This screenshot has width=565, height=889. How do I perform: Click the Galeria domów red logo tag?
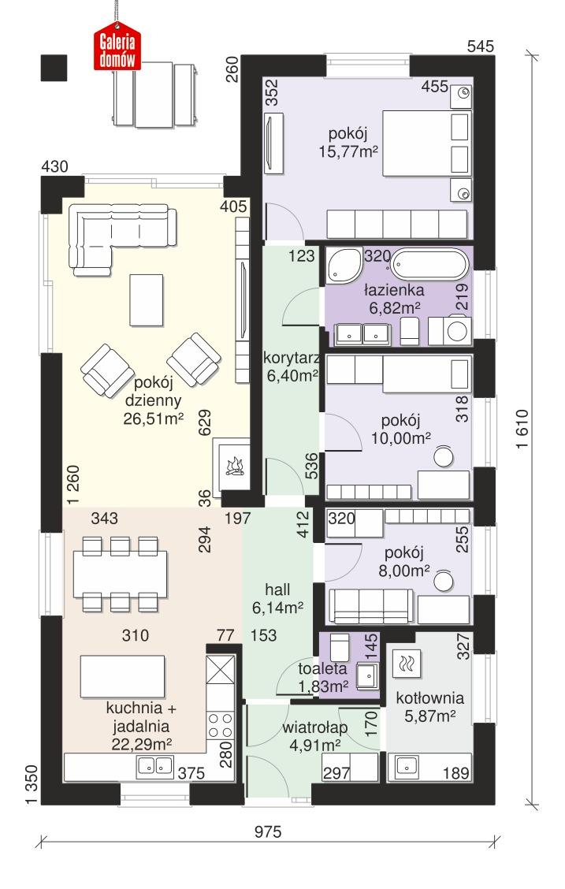coord(117,49)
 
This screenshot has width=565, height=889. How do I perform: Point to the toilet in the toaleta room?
coord(337,648)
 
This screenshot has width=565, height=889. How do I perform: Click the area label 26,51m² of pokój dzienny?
coord(153,419)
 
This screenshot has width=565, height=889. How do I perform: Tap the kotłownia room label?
coord(429,698)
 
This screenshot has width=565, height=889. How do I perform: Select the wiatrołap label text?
coord(311,727)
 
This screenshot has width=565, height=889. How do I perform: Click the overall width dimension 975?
coord(269,831)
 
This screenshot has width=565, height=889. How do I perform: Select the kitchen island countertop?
coord(122,675)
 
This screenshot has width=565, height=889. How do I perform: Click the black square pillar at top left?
coord(54,68)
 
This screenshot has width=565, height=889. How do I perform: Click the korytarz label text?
coord(291,359)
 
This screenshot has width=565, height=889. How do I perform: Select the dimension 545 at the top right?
coord(480,46)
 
